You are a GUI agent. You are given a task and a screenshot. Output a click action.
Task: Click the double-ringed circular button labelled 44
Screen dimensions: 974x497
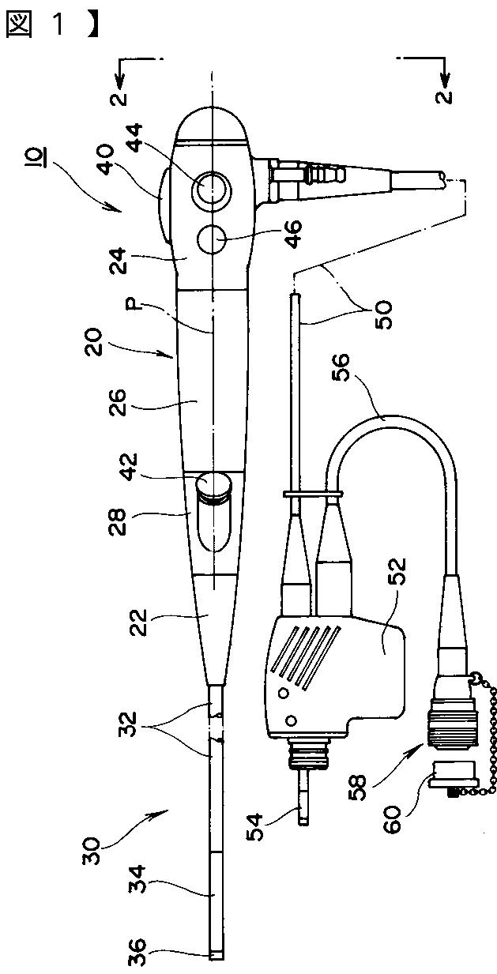pos(212,189)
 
